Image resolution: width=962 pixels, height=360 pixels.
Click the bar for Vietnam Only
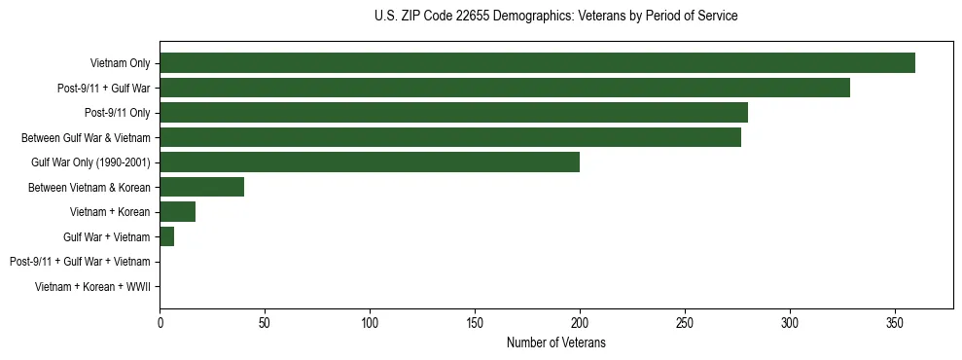pyautogui.click(x=537, y=63)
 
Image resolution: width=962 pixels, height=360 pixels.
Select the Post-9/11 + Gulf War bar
pyautogui.click(x=505, y=89)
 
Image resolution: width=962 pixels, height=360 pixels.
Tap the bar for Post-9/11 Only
pyautogui.click(x=453, y=113)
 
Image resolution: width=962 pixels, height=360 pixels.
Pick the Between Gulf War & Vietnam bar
pyautogui.click(x=450, y=137)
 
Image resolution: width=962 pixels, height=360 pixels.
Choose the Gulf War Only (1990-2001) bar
pyautogui.click(x=370, y=162)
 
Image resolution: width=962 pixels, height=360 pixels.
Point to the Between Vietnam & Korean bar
pyautogui.click(x=201, y=187)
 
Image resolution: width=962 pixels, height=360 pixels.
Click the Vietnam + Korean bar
pyautogui.click(x=177, y=212)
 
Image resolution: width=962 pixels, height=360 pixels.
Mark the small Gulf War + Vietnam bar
pyautogui.click(x=166, y=236)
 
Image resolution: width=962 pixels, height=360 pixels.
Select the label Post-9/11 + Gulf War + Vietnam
pyautogui.click(x=80, y=262)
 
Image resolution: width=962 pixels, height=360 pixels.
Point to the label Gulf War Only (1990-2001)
pyautogui.click(x=90, y=162)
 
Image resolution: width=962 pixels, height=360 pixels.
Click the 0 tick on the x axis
pyautogui.click(x=160, y=322)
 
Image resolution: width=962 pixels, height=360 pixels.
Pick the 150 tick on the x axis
pyautogui.click(x=475, y=322)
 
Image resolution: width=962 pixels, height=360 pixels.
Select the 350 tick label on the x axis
pyautogui.click(x=895, y=322)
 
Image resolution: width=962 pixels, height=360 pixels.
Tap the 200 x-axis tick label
pyautogui.click(x=580, y=322)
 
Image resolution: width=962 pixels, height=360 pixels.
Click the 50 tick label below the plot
pyautogui.click(x=265, y=322)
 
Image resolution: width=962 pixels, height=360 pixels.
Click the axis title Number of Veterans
pyautogui.click(x=555, y=342)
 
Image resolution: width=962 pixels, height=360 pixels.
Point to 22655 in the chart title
pyautogui.click(x=475, y=17)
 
